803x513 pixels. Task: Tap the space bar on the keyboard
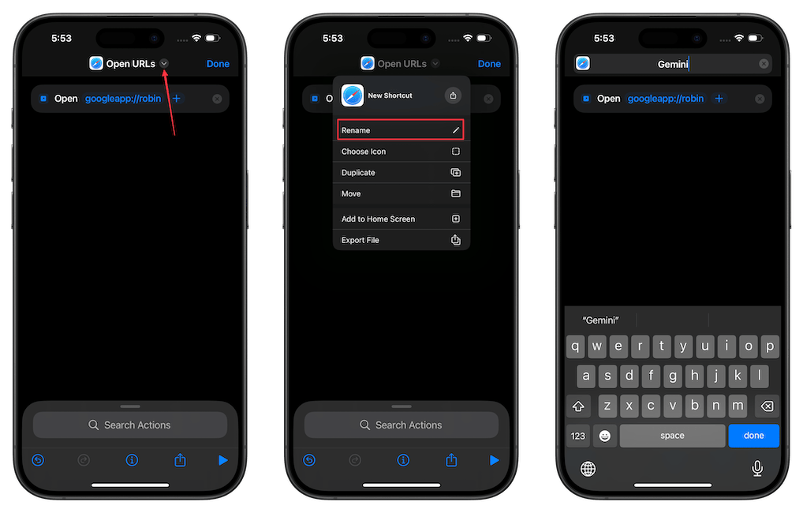coord(672,436)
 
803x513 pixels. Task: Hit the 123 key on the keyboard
coord(578,436)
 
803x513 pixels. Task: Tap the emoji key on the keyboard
coord(604,436)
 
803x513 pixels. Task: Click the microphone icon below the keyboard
coord(757,469)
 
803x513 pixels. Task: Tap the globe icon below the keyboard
coord(588,469)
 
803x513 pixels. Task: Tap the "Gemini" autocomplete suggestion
coord(600,320)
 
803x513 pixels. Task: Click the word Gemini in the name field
coord(673,64)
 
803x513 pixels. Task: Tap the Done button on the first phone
coord(218,64)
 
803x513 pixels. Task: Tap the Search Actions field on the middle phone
coord(401,425)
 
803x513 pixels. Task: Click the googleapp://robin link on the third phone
coord(665,99)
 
